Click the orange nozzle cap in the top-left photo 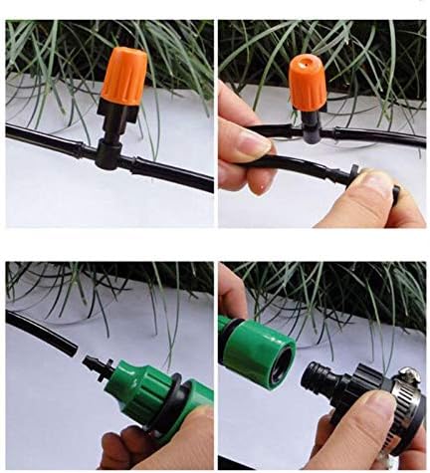pyautogui.click(x=123, y=73)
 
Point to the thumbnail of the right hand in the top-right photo pyautogui.click(x=379, y=181)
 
